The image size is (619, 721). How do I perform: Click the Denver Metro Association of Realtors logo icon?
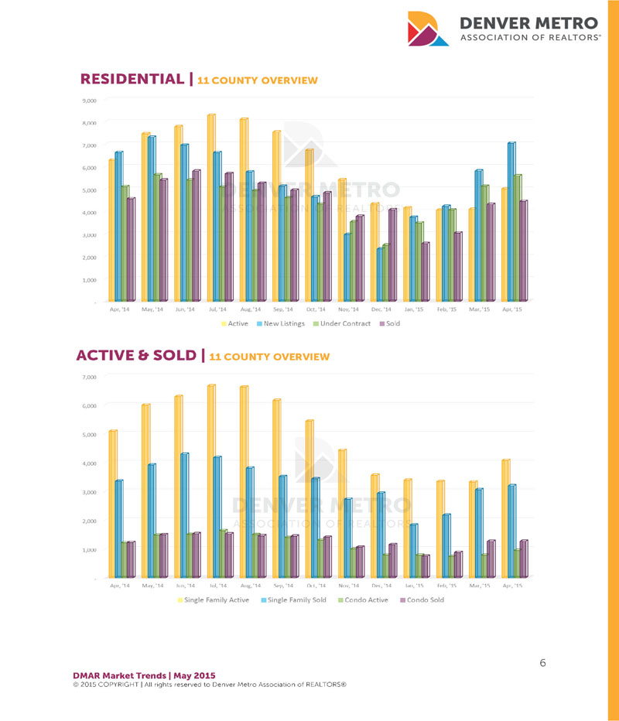tap(428, 29)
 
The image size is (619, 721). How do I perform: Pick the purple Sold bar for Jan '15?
tap(425, 272)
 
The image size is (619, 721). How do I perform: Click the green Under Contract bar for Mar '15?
tap(485, 243)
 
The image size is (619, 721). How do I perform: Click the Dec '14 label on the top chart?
tap(381, 309)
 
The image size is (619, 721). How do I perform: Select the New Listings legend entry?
tap(283, 323)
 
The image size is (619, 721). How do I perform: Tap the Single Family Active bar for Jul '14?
tap(210, 480)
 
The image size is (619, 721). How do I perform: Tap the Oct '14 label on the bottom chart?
tap(315, 586)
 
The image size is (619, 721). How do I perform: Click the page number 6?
tap(542, 663)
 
